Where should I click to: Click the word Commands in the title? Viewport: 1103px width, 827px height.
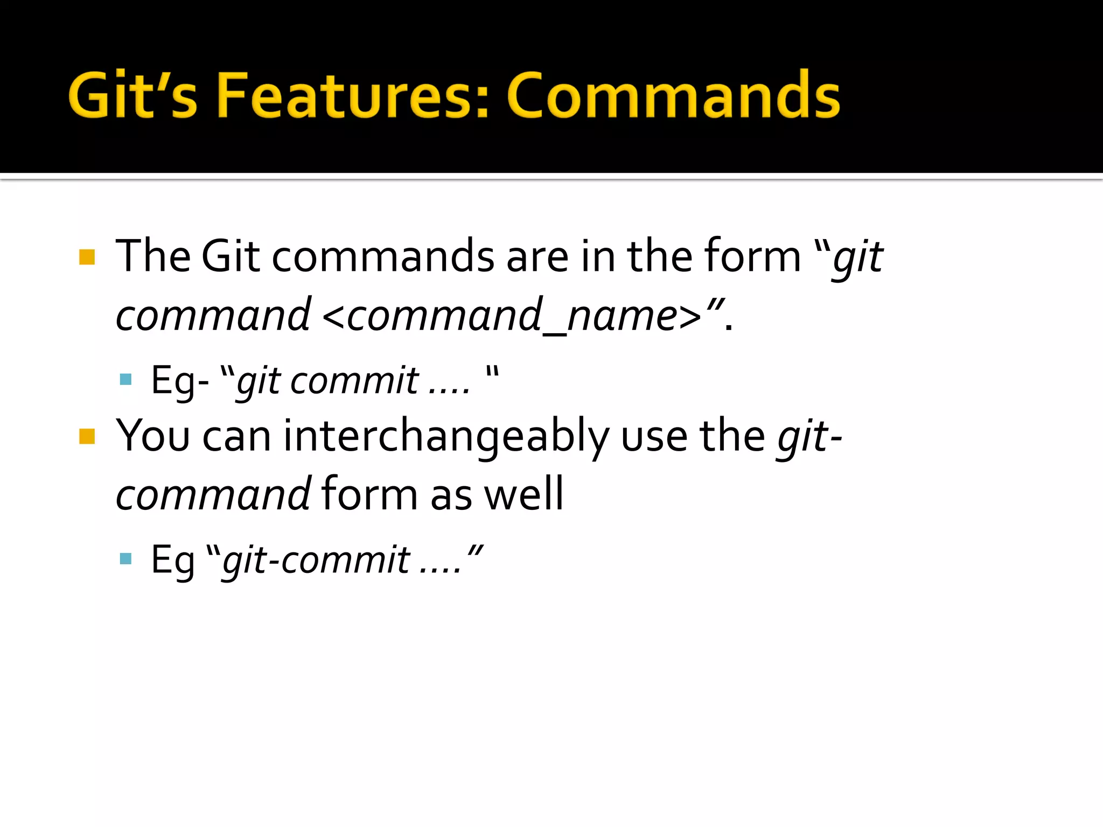[673, 95]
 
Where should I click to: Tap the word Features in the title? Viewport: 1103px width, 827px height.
[353, 95]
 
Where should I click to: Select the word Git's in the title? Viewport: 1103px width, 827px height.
[133, 95]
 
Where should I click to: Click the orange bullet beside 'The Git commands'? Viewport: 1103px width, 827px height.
[87, 257]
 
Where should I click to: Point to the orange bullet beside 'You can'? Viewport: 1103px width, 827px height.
[87, 436]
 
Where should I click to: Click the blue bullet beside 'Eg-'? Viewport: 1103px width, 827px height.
[126, 380]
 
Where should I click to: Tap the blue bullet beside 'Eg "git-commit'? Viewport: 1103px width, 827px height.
[126, 558]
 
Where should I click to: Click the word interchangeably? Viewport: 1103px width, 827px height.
[446, 436]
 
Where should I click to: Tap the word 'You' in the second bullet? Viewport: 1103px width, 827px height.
[153, 436]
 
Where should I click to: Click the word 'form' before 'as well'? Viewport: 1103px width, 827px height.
[369, 494]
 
